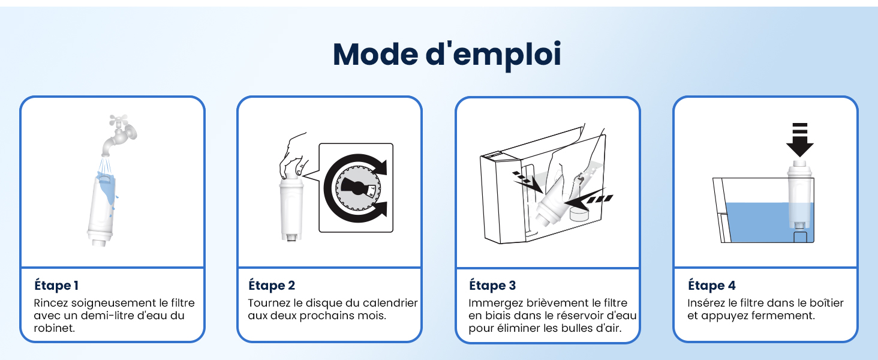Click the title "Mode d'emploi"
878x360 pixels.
(447, 55)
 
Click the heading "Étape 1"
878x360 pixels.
(56, 285)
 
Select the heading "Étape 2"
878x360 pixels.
(272, 285)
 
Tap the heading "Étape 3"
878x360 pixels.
(492, 285)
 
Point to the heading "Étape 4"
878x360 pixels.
(712, 285)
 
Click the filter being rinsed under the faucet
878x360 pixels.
(101, 210)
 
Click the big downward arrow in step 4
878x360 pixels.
(800, 140)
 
